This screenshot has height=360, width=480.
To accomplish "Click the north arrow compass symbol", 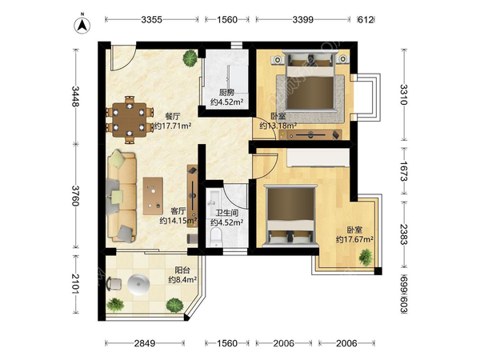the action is pyautogui.click(x=82, y=25).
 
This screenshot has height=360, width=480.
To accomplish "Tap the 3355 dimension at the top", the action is pyautogui.click(x=151, y=19).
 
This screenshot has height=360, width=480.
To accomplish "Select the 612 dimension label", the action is pyautogui.click(x=366, y=19).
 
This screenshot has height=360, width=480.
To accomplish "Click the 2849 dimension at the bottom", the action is pyautogui.click(x=145, y=343).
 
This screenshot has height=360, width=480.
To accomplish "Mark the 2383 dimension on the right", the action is pyautogui.click(x=404, y=234).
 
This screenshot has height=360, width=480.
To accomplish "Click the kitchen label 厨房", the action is pyautogui.click(x=226, y=93).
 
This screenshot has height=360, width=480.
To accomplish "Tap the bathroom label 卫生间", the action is pyautogui.click(x=227, y=213).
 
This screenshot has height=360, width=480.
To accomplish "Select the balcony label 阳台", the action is pyautogui.click(x=182, y=270).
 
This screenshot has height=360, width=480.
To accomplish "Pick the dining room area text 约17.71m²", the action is pyautogui.click(x=172, y=126).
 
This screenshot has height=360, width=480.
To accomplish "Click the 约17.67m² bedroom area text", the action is pyautogui.click(x=354, y=239).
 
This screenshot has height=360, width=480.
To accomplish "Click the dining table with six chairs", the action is pyautogui.click(x=130, y=120).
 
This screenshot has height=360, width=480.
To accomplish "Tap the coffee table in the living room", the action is pyautogui.click(x=153, y=196).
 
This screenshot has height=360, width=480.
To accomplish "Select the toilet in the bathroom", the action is pyautogui.click(x=217, y=237).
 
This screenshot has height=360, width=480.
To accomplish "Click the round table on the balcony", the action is pyautogui.click(x=138, y=284).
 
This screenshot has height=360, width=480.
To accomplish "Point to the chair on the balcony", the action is pyautogui.click(x=114, y=284).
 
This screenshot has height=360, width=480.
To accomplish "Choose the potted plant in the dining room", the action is pyautogui.click(x=190, y=58).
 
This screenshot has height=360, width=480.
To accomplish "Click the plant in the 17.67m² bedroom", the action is pyautogui.click(x=366, y=257).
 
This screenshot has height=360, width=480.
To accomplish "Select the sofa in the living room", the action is pyautogui.click(x=122, y=196).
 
